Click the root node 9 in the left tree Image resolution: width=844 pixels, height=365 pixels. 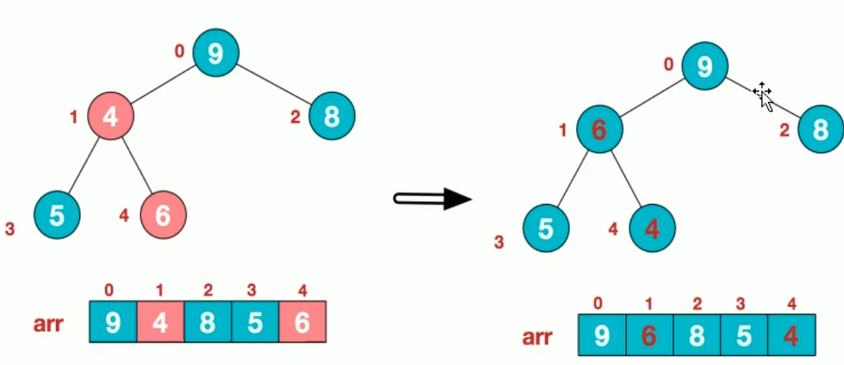[x=215, y=53]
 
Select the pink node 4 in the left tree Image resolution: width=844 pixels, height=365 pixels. [x=110, y=116]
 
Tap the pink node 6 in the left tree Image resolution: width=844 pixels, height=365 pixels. [x=163, y=215]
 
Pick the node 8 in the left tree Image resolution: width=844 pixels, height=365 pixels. [x=332, y=116]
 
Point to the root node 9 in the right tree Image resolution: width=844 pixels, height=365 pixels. [x=704, y=66]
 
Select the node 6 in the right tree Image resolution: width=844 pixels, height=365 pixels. [x=600, y=129]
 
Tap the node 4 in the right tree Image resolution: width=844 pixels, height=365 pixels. [x=652, y=229]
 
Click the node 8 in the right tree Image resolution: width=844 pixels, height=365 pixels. [x=819, y=129]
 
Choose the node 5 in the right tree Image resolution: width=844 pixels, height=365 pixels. [x=546, y=229]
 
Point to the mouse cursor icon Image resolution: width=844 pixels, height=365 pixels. [x=763, y=96]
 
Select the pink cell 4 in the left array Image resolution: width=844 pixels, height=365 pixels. [x=160, y=321]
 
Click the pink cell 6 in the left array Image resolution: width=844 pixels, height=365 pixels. [x=302, y=321]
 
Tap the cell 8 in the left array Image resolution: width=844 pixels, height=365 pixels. [x=207, y=321]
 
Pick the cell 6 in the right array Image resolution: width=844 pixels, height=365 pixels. [x=649, y=336]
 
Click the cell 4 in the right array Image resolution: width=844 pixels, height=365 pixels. [x=791, y=336]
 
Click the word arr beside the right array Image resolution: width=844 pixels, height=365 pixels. [x=538, y=337]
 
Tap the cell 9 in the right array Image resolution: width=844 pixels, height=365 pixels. [x=602, y=336]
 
